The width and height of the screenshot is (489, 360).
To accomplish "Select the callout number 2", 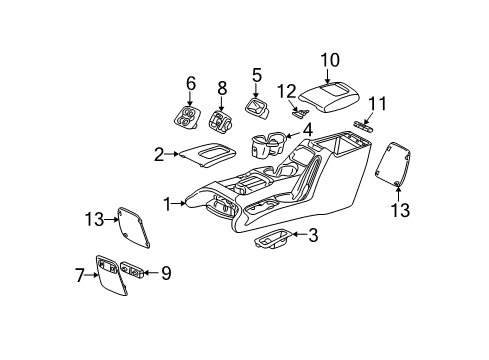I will tap(158, 153).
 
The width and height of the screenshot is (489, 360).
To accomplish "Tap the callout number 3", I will tap(314, 236).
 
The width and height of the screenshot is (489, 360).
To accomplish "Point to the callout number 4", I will tap(307, 128).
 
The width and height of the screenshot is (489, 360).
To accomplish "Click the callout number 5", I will tap(257, 74).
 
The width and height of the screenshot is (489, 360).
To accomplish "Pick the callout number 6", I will tap(191, 84).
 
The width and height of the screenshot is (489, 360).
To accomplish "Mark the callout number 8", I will tap(222, 89).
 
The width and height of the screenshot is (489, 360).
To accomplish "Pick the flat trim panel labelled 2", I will tap(206, 153).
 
